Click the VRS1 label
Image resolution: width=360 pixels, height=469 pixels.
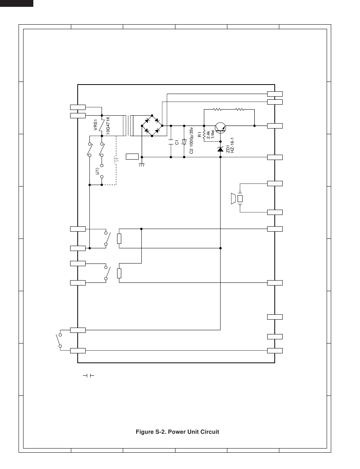(x=95, y=125)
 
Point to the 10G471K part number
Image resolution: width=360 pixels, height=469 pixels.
(x=108, y=125)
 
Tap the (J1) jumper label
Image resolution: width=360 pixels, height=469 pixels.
(x=97, y=171)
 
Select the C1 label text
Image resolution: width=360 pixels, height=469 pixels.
(x=177, y=142)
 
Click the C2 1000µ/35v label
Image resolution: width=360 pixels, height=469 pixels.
(x=191, y=140)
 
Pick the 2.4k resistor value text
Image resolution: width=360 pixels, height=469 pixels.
(x=208, y=135)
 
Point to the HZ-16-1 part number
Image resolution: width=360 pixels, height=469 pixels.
(x=232, y=145)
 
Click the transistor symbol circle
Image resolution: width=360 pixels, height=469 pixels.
(x=221, y=128)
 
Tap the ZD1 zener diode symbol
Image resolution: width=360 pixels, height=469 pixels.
(x=220, y=149)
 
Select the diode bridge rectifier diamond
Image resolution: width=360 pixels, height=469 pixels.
(x=152, y=125)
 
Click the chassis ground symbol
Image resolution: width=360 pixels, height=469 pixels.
(x=142, y=165)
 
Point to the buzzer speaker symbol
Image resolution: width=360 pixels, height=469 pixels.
(x=236, y=199)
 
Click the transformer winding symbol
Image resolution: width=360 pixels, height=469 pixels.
(x=129, y=125)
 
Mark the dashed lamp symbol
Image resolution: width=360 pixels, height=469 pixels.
(x=116, y=160)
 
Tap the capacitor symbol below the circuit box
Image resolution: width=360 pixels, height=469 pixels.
(x=88, y=376)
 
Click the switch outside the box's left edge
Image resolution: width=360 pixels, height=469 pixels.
(x=59, y=340)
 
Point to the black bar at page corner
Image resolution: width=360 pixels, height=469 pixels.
(x=17, y=3)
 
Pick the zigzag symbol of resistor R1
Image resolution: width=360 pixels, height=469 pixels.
(x=204, y=135)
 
